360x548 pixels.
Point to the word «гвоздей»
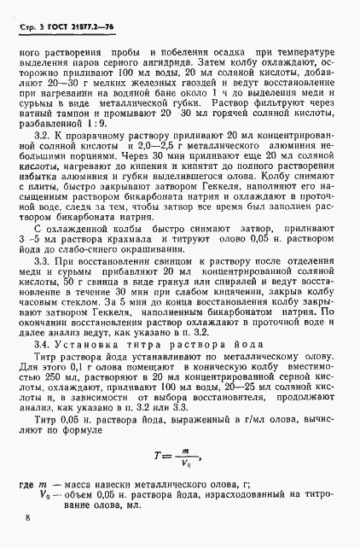pos(182,99)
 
